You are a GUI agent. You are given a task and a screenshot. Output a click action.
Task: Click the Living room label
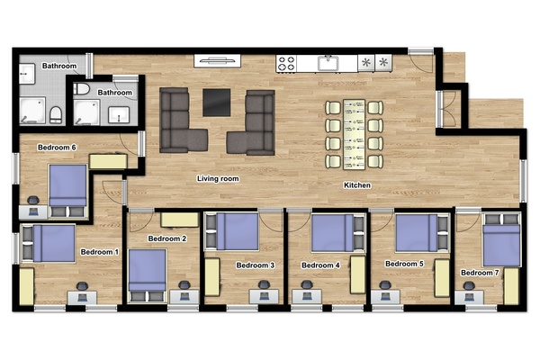[x=218, y=178]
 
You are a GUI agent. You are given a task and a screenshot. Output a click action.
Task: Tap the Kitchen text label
[x=357, y=185]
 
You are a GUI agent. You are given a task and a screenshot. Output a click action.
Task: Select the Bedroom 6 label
[x=57, y=148]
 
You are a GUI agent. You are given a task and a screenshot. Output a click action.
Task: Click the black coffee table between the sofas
[x=216, y=103]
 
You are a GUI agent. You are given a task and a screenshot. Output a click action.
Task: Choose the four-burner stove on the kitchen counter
[x=286, y=64]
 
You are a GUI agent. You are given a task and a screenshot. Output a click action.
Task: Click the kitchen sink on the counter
[x=328, y=63]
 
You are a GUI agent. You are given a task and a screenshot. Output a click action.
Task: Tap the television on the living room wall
[x=217, y=61]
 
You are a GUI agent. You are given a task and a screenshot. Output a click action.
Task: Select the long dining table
[x=354, y=134]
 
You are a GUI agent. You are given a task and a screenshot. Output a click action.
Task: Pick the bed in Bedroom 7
[x=501, y=239]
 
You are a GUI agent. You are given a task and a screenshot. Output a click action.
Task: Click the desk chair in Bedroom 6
[x=33, y=201]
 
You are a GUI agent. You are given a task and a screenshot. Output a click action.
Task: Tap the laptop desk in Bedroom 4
[x=307, y=297]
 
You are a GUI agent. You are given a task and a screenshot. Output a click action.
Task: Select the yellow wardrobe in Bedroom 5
[x=442, y=278]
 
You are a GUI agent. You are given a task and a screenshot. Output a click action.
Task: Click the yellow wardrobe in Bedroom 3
[x=212, y=277]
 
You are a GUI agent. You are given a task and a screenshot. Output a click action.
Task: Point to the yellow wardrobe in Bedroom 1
[x=26, y=286]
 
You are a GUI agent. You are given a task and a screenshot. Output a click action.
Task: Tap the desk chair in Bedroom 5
[x=385, y=285]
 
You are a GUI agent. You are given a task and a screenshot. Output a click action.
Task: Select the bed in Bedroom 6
[x=67, y=191]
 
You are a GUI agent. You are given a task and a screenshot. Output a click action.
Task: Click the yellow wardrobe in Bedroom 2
[x=180, y=220]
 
